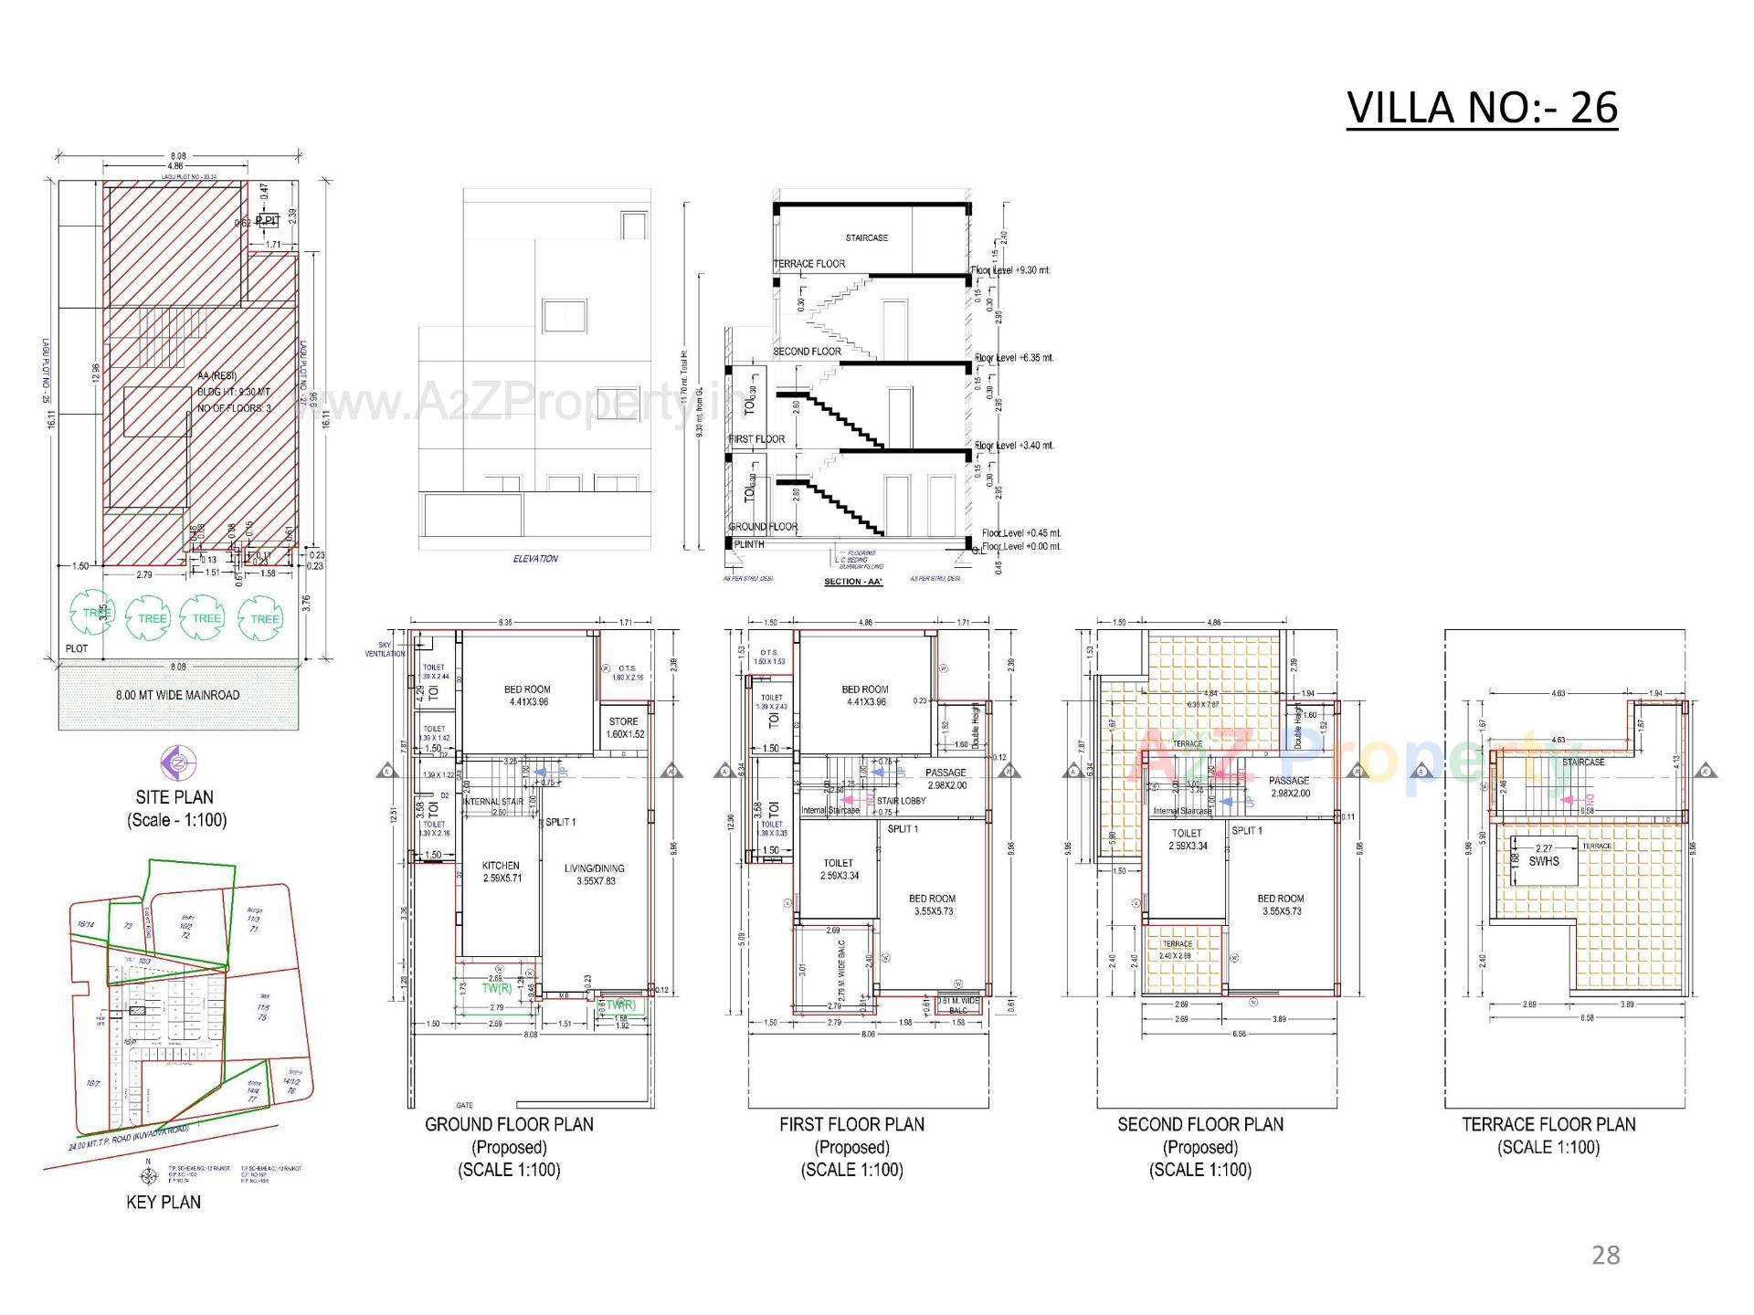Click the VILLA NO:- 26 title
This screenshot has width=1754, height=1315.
coord(1482,109)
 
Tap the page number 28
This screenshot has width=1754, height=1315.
coord(1605,1255)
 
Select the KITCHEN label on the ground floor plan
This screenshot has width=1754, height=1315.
coord(501,871)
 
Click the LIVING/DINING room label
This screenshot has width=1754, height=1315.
coord(595,874)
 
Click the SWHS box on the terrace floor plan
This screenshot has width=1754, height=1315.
coord(1544,861)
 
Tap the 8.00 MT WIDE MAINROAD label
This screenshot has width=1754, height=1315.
coord(177,695)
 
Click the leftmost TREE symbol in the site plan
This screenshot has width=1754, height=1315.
coord(93,615)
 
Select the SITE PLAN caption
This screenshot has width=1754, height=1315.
coord(176,797)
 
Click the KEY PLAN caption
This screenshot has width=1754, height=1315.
coord(164,1202)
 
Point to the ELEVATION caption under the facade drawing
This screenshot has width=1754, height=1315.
coord(535,558)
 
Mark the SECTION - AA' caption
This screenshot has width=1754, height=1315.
coord(852,582)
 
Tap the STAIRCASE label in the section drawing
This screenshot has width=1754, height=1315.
coord(866,237)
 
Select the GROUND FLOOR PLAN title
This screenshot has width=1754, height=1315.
coord(509,1124)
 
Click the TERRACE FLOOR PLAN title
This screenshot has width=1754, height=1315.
coord(1548,1124)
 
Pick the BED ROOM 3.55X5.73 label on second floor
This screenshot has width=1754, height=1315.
coord(1280,905)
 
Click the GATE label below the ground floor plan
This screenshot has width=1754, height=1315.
coord(464,1105)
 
